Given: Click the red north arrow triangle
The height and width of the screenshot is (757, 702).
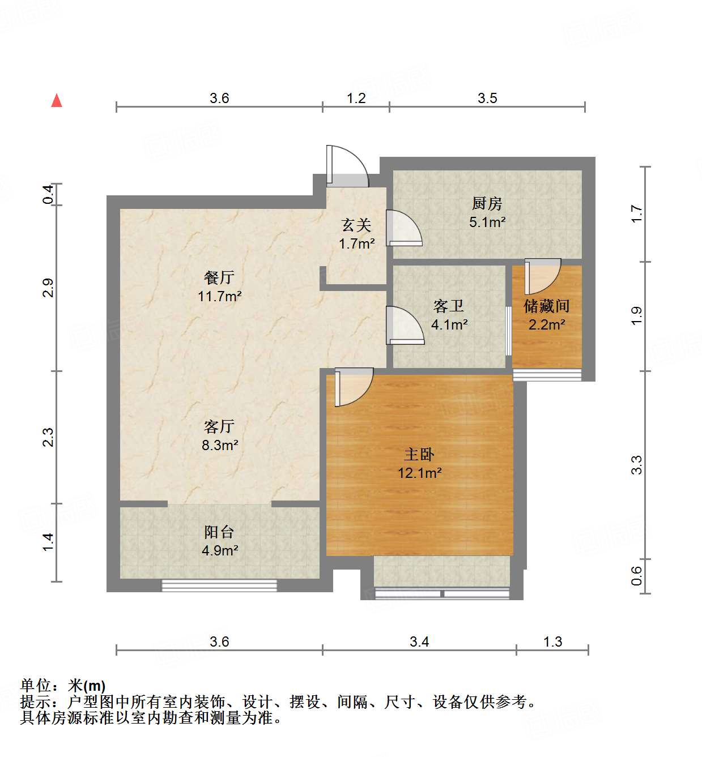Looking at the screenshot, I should coord(57,101).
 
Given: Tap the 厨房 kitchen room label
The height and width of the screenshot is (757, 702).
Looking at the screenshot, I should coord(487,203).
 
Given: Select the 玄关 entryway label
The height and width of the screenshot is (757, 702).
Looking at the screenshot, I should coord(356,225).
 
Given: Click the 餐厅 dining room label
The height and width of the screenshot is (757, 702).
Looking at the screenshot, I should coord(219,277).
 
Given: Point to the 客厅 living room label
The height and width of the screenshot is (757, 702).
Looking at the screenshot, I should coord(219,426).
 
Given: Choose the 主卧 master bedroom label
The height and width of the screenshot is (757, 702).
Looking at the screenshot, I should coord(419,454).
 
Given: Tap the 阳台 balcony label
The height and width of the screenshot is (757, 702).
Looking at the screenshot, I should coord(219,532).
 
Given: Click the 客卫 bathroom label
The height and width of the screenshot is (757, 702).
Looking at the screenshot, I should coord(449,306).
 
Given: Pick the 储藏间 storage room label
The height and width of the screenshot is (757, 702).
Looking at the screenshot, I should coord(547,306).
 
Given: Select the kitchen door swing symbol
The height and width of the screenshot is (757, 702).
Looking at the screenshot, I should coord(403,228).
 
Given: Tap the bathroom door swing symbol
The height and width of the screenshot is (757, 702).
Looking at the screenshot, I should coord(405,326).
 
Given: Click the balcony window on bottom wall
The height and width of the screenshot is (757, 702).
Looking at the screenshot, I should coord(219,585).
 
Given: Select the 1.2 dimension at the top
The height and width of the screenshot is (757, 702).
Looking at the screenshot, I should coord(356,98).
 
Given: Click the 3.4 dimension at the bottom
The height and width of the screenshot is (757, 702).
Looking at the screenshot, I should coord(419,641).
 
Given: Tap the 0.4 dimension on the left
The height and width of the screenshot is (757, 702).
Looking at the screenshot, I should coord(49,195).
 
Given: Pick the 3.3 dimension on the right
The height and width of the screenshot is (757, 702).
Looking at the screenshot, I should coord(637,465).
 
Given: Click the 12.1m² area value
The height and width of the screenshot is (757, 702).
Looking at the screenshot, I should coord(419,473).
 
